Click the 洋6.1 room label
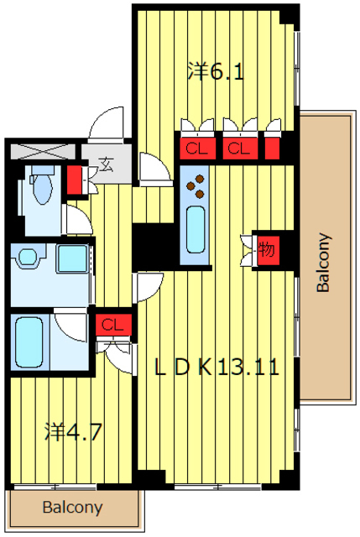coord(216,72)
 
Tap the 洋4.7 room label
coord(73,432)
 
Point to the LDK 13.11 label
coord(217,368)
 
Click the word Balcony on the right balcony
coord(323,263)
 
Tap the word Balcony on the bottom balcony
coord(72,507)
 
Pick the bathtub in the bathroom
coord(29,341)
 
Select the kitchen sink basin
coord(196,229)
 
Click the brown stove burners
coord(196,185)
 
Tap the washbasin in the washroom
coord(28,256)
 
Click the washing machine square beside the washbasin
coord(71,258)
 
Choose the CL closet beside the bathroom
coord(113,325)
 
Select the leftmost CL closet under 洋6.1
coord(198,149)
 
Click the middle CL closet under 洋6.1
coord(240,149)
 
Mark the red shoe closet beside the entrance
coord(75,180)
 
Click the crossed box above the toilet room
coord(43,151)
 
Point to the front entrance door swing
coord(106,125)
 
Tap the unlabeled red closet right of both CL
coord(273,149)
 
